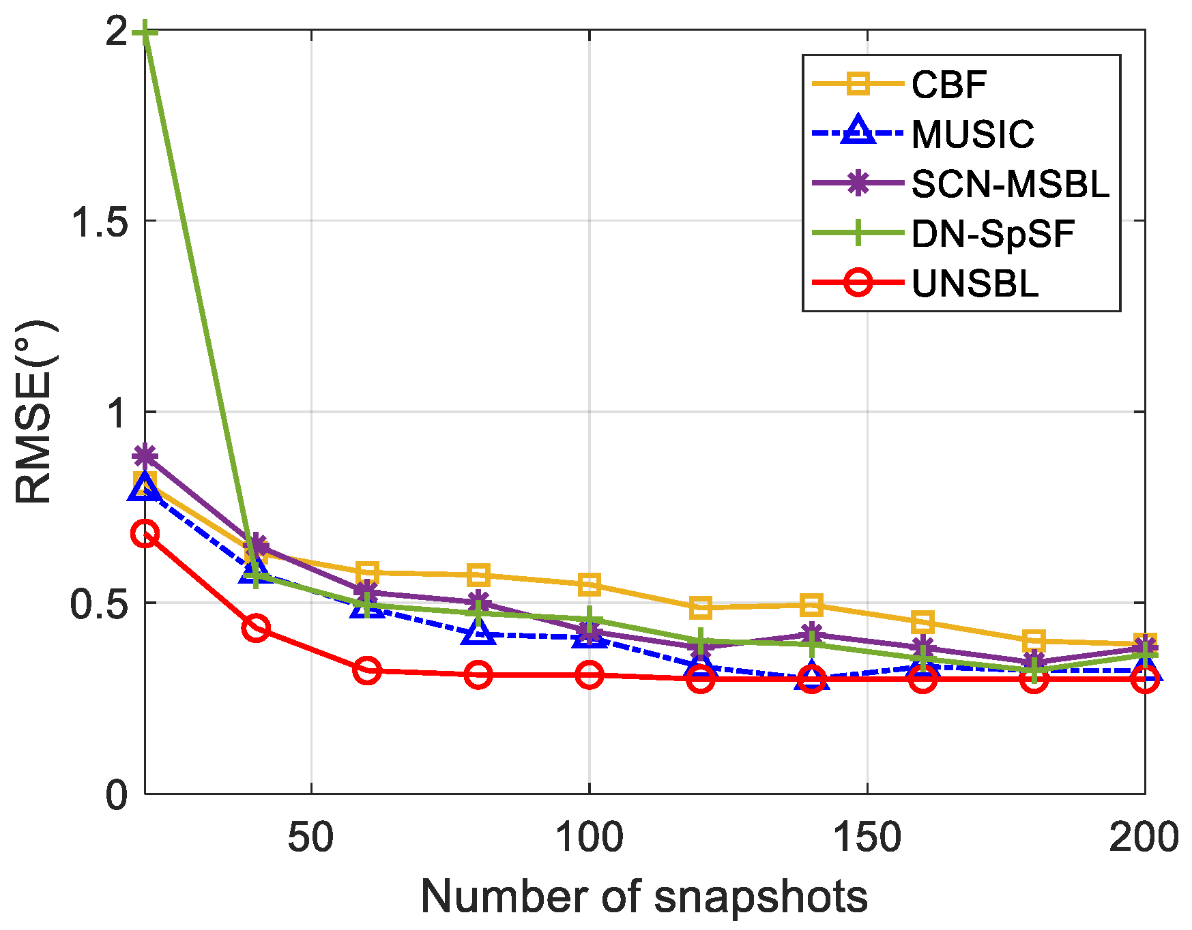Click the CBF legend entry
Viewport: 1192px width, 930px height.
click(x=948, y=85)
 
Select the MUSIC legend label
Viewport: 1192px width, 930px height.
click(x=972, y=134)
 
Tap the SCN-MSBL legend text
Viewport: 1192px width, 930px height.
click(x=1010, y=184)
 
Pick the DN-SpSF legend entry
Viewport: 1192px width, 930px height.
click(x=993, y=234)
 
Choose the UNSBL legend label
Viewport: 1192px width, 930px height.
click(x=974, y=284)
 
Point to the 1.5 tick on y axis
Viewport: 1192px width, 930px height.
click(x=100, y=221)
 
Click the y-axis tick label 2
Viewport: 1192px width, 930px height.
click(x=117, y=31)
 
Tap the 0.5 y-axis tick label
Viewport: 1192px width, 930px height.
click(x=100, y=603)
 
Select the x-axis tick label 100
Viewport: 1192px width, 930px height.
click(x=589, y=837)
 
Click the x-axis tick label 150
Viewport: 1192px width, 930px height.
click(x=867, y=837)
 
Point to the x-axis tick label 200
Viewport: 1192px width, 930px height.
click(x=1144, y=837)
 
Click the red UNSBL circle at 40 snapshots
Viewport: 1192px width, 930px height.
click(x=256, y=627)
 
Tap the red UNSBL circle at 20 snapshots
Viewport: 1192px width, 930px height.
click(x=145, y=534)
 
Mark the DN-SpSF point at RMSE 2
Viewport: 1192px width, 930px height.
click(x=145, y=31)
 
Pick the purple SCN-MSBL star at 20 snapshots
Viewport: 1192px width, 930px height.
click(x=145, y=455)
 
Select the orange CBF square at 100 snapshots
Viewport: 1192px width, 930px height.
click(x=589, y=584)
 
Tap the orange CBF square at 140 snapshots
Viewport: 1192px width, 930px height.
click(x=811, y=605)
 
